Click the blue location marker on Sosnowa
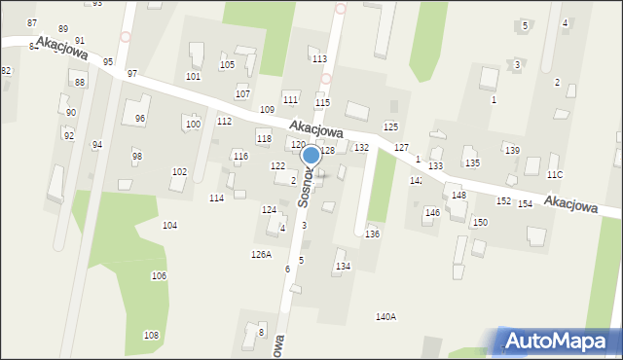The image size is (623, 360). pos(311,155)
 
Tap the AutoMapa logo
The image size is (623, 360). pos(559,341)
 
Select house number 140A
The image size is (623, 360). pos(385,316)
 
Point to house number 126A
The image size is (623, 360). pos(261,254)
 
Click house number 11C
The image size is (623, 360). pos(555,174)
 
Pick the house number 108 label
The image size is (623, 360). pos(151,335)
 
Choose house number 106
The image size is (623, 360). pos(159,276)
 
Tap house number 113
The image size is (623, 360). pos(318,59)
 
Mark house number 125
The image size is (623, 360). pos(390,126)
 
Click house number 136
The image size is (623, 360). pos(372,234)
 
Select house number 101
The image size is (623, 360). pos(194,76)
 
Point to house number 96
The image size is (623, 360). pos(140,119)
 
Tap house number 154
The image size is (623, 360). pos(525,203)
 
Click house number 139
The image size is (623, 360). pos(512,149)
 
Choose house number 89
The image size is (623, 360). pos(63,29)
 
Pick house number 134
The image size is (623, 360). pos(342,266)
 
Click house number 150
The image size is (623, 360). pos(480,222)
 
